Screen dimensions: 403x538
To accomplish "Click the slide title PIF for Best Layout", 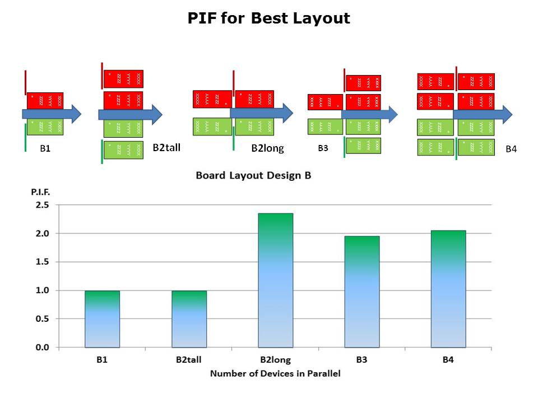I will tap(268, 18).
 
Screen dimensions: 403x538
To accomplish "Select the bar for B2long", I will tap(275, 280).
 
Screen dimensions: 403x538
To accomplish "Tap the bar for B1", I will tap(102, 319).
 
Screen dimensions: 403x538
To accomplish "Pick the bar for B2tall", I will tap(189, 319).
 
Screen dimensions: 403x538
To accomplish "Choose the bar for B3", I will tap(361, 292).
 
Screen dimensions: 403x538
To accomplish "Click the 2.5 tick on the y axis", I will tap(42, 205).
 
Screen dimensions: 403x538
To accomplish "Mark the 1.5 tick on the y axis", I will tap(42, 262).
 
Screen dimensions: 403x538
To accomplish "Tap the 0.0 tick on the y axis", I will tap(42, 348).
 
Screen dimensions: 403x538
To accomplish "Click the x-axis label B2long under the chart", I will tap(275, 359).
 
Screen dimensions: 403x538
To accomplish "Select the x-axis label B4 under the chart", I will tap(448, 359).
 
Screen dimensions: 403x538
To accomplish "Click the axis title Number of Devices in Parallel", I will tap(275, 373).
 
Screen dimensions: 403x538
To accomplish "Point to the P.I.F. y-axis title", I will tap(40, 192).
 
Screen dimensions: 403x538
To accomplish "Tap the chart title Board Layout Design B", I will tap(253, 175).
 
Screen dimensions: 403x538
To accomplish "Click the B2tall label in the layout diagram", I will tap(166, 148).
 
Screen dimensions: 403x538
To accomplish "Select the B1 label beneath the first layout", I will tap(45, 149).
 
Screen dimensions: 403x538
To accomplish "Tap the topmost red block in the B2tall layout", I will tap(123, 79).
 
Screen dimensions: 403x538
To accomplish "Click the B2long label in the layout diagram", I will tap(267, 148).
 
